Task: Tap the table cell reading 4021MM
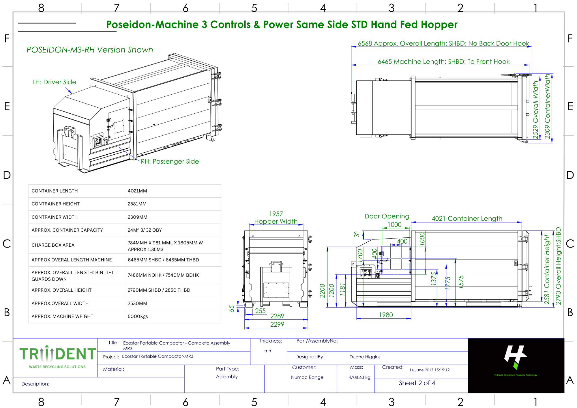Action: (x=137, y=191)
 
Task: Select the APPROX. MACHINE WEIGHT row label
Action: (x=62, y=316)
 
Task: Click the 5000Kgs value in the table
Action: (x=138, y=316)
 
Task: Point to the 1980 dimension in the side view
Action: (x=386, y=315)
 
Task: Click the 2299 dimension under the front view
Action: (x=277, y=324)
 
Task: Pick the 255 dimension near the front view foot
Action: (x=260, y=311)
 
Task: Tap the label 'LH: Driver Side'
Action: (x=54, y=82)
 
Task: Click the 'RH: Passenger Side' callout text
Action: (x=170, y=161)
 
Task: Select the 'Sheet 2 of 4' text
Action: (x=417, y=383)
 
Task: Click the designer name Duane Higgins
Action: (x=365, y=357)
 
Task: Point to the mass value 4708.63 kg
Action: (x=359, y=377)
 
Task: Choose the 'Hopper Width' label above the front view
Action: (x=276, y=221)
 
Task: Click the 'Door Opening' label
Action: (x=387, y=216)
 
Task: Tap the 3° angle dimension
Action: (x=357, y=234)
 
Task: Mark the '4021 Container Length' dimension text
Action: (x=467, y=218)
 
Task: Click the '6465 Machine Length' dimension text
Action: (x=443, y=61)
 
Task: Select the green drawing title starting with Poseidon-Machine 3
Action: (x=282, y=25)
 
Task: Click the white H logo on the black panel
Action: (x=515, y=355)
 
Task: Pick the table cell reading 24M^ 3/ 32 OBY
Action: (x=145, y=230)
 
